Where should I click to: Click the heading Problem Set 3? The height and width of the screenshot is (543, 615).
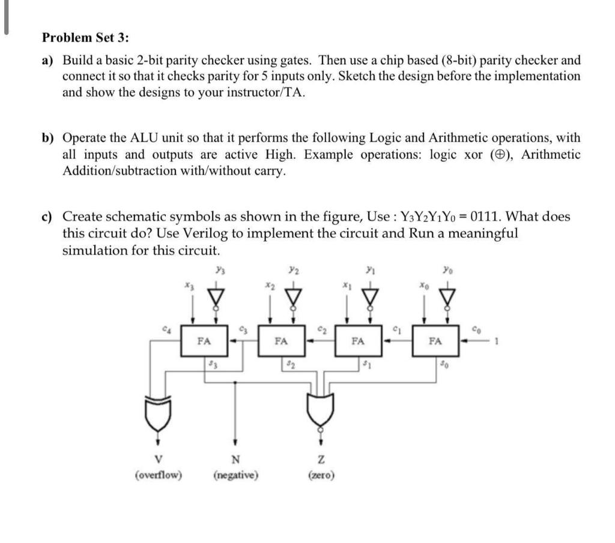(x=85, y=37)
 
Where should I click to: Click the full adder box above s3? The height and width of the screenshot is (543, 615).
(x=204, y=341)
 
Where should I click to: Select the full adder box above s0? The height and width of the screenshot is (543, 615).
(x=436, y=341)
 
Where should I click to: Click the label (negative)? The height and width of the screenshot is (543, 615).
(x=235, y=476)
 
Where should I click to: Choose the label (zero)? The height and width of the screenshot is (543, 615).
(x=321, y=476)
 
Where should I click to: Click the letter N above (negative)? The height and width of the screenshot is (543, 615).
(x=235, y=461)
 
